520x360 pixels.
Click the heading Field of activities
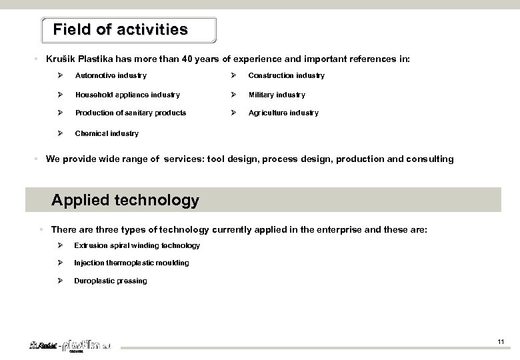coord(120,30)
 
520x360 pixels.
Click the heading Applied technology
coord(125,200)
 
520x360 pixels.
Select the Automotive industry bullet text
coord(111,76)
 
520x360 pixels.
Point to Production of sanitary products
coord(130,113)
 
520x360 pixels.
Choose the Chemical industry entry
coord(107,133)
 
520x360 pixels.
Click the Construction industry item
coord(287,76)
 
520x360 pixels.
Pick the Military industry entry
coord(277,95)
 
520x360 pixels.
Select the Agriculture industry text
coord(283,113)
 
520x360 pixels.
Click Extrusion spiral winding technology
coord(137,245)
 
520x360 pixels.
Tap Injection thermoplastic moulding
coord(131,263)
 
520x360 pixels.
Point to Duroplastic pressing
coord(111,281)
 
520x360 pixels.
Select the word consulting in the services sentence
coord(431,159)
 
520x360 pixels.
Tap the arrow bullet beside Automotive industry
coord(60,76)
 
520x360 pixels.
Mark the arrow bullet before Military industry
coord(233,95)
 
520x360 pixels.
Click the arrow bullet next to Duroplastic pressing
coord(60,281)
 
